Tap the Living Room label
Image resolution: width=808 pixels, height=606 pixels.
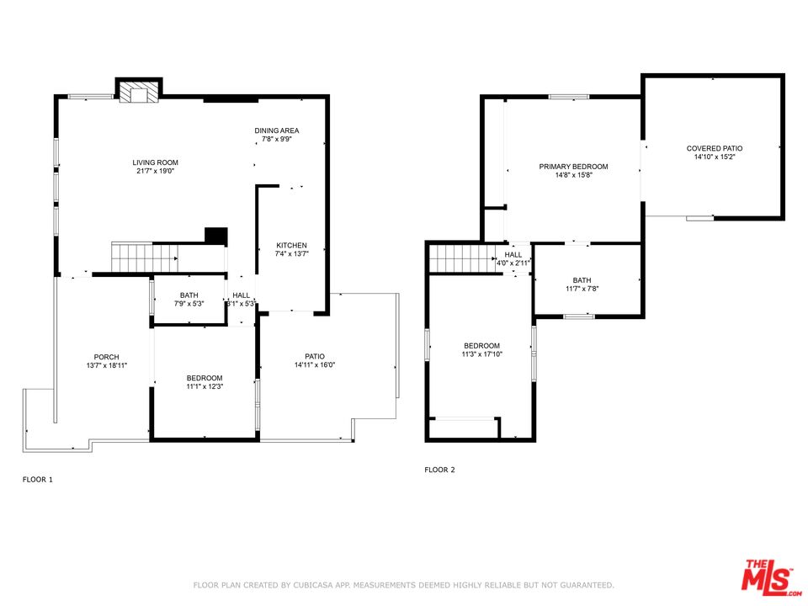pos(155,162)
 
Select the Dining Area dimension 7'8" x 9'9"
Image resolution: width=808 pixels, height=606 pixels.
pos(277,139)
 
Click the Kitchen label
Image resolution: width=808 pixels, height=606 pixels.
pos(292,245)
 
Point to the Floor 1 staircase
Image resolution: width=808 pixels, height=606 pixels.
pos(145,258)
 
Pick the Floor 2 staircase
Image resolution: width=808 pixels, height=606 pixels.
pos(462,258)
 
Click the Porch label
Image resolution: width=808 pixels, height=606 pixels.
pos(107,357)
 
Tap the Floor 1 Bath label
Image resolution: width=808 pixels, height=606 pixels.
pos(189,295)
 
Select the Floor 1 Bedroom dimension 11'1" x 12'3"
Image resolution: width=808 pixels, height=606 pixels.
pos(205,386)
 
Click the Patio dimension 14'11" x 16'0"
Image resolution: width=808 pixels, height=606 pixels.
pos(315,364)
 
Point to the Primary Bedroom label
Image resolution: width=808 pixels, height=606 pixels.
pos(573,167)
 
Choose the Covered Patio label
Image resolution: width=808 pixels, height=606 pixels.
pos(715,148)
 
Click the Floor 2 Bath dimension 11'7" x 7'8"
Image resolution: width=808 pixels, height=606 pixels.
pos(582,289)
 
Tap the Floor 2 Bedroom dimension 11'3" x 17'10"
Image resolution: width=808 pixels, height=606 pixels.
pos(481,354)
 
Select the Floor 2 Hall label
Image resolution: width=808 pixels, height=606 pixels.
pos(513,254)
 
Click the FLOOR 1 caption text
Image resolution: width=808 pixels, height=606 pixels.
pos(38,480)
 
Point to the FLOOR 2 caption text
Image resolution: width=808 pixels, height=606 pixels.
pos(439,470)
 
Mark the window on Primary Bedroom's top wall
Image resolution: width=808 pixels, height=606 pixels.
pos(569,96)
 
